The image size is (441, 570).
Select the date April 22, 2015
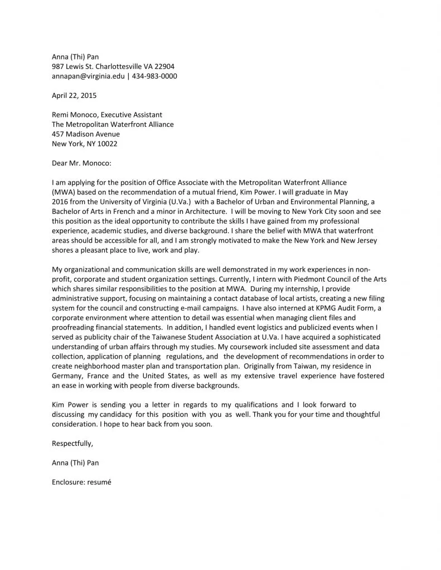(x=74, y=96)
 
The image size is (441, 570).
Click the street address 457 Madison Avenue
(x=86, y=134)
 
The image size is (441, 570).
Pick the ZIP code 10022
(x=106, y=144)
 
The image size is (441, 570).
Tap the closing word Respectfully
(x=72, y=444)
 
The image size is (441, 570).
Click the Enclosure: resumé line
(x=81, y=482)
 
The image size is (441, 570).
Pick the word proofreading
(x=74, y=328)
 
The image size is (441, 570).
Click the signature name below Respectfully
(x=75, y=463)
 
